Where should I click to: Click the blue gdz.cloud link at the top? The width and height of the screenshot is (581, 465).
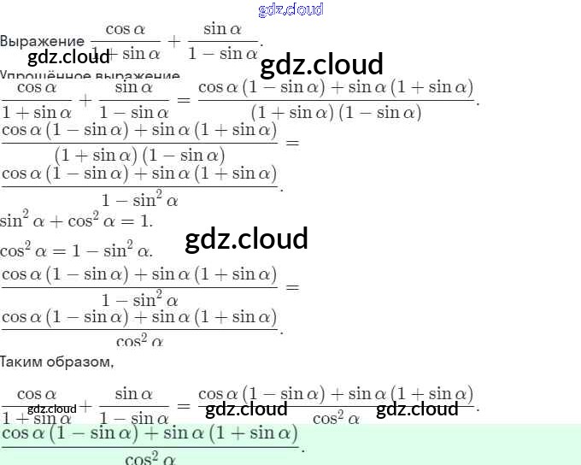[290, 9]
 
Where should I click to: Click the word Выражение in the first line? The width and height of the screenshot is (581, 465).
[43, 41]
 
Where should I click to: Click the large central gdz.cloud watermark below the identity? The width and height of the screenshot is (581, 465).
[246, 238]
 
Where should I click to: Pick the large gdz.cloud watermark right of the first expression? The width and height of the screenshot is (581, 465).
[321, 64]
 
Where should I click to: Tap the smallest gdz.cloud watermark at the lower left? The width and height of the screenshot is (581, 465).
[51, 409]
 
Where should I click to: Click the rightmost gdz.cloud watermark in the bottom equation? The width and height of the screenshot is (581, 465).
[417, 409]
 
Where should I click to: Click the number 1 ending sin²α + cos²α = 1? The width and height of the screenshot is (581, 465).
[145, 221]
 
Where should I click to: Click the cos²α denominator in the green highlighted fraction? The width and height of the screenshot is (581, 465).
[150, 457]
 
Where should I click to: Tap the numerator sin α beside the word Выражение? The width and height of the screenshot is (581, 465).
[222, 29]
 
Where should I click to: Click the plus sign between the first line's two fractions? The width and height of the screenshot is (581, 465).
[174, 41]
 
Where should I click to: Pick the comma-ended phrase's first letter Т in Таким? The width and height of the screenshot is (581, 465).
[4, 362]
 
